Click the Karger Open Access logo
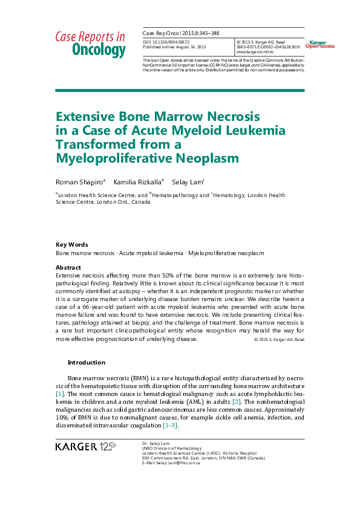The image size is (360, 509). click(x=320, y=44)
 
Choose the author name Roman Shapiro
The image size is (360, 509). click(x=80, y=181)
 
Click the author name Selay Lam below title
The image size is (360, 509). click(x=187, y=181)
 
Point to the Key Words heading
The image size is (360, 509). click(x=71, y=245)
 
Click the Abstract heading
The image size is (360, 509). click(x=68, y=267)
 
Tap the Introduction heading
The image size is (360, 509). click(x=86, y=363)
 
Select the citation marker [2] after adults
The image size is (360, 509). click(x=237, y=401)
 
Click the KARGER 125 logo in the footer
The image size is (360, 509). click(x=85, y=447)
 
